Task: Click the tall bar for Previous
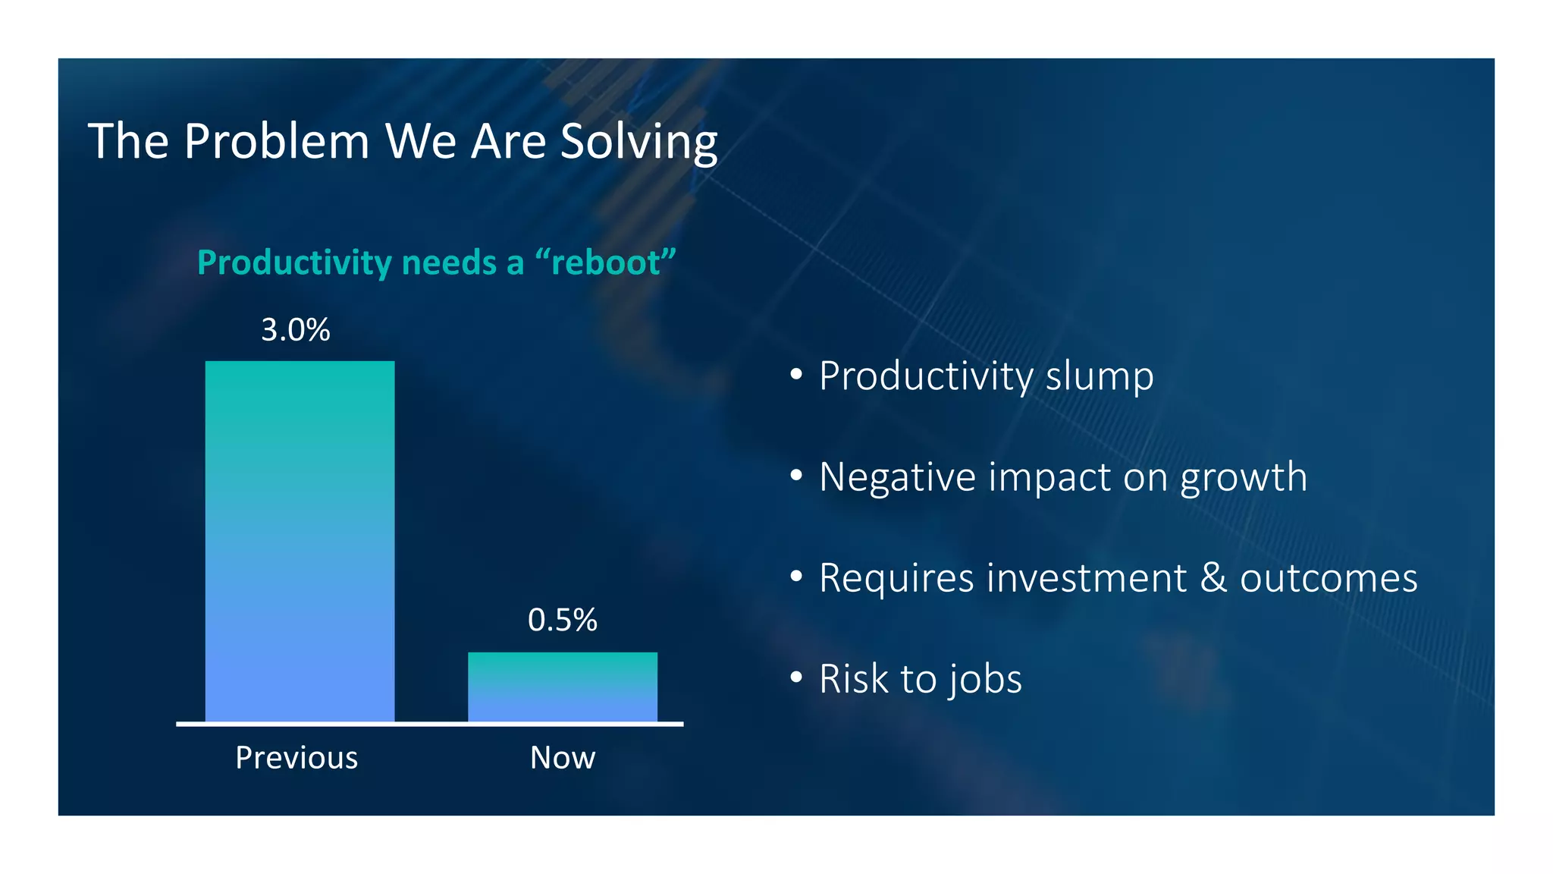click(x=300, y=540)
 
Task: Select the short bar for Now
click(x=562, y=687)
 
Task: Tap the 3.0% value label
click(x=295, y=330)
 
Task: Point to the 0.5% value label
click(x=562, y=621)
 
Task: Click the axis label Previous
click(x=296, y=758)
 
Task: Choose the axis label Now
click(x=562, y=758)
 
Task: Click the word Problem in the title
click(x=276, y=142)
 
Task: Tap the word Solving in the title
click(x=638, y=142)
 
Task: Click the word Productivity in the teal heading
click(x=294, y=263)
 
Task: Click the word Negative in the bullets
click(x=897, y=477)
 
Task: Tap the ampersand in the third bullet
click(x=1213, y=578)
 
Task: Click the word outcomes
click(x=1328, y=578)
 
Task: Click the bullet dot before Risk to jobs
click(x=795, y=677)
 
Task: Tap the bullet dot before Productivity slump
click(x=795, y=374)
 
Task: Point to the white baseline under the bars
click(x=429, y=725)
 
